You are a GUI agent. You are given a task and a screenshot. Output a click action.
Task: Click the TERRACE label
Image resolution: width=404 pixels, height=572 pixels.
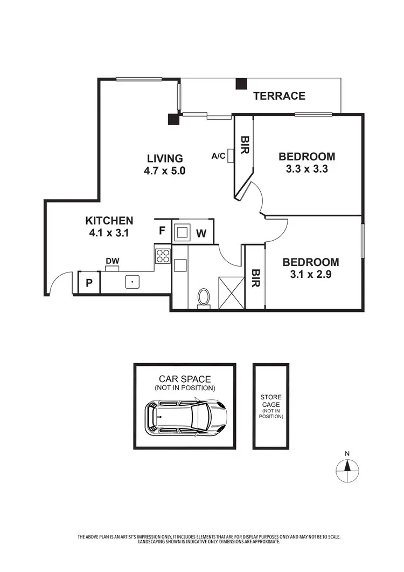279,96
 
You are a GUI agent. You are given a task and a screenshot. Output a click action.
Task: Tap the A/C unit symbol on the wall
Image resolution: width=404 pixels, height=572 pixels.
231,156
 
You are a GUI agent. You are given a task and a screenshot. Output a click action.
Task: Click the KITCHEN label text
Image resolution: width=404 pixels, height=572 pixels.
109,220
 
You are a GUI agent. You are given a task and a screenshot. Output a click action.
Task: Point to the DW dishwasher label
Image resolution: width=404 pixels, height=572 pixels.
112,262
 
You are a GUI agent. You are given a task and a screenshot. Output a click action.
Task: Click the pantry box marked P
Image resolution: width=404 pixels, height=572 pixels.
89,283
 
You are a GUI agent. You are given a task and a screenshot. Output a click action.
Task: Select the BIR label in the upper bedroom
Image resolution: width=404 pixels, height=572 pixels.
243,145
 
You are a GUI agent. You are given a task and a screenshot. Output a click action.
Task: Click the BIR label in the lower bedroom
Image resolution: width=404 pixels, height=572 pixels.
255,277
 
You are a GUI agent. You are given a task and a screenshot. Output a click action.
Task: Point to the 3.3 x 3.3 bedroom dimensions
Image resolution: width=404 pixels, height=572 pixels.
307,168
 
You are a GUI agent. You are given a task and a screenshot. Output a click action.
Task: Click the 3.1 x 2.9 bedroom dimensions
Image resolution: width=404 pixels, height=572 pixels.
311,274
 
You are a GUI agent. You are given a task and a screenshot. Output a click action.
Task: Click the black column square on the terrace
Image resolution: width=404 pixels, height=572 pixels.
241,84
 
